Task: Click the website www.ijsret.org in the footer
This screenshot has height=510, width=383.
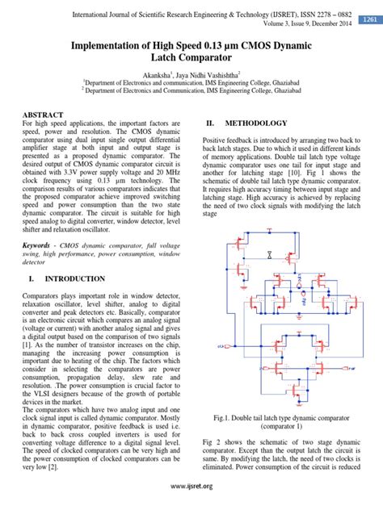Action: point(191,486)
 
